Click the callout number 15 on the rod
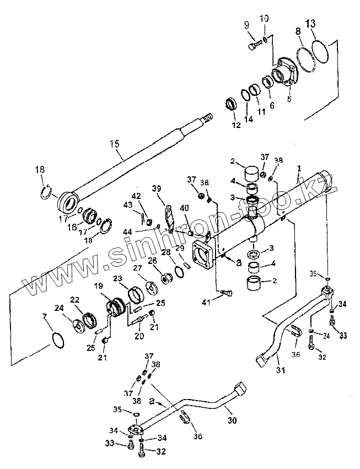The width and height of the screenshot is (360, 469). coord(115,144)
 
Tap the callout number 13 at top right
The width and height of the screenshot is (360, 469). coord(311,24)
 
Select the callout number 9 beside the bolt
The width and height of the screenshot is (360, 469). coord(246,25)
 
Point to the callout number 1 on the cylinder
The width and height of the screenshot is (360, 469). coord(299,168)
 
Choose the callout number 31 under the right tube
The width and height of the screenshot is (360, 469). coord(281,370)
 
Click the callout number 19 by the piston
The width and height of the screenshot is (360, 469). coord(99,287)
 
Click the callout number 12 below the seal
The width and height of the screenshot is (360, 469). coord(236,126)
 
